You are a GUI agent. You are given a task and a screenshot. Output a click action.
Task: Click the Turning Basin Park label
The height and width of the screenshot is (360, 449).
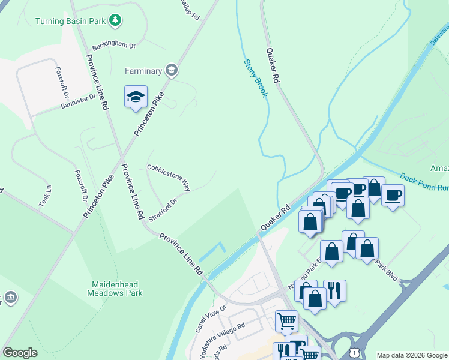[70, 21]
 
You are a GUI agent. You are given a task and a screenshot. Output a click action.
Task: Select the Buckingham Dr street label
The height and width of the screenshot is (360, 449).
[113, 46]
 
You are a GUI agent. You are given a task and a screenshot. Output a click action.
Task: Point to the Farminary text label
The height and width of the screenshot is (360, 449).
[143, 71]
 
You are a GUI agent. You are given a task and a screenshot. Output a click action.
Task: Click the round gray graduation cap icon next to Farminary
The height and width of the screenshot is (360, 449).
[172, 71]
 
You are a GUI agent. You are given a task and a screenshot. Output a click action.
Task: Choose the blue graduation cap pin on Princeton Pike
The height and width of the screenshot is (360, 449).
[136, 97]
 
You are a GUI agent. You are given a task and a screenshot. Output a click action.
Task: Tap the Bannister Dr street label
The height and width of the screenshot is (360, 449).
[78, 101]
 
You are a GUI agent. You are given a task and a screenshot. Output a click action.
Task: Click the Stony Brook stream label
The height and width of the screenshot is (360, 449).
[255, 80]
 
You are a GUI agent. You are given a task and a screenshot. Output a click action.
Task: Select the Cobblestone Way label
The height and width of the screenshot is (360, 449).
[169, 178]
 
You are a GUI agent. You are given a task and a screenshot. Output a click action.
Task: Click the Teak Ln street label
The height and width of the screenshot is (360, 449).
[46, 196]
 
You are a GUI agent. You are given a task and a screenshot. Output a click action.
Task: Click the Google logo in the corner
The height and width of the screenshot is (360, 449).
[20, 353]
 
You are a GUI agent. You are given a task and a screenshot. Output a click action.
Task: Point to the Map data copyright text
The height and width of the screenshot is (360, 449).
[412, 355]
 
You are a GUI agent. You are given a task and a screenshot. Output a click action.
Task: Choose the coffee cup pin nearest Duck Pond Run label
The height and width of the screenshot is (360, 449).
[393, 195]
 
